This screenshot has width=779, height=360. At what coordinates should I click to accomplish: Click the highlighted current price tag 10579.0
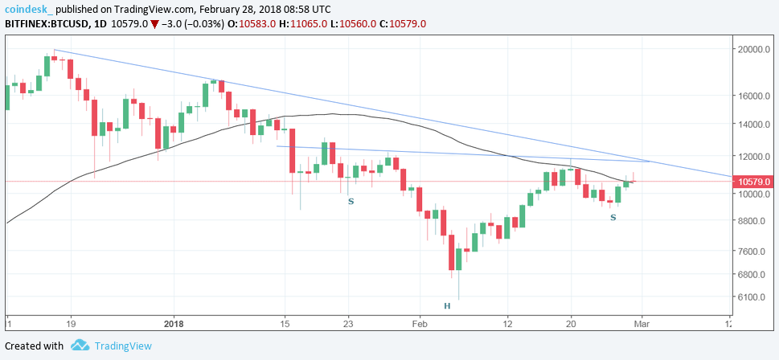click(754, 182)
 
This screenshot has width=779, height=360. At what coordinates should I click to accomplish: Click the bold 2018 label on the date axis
click(174, 325)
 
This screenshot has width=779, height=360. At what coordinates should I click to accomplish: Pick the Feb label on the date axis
click(419, 325)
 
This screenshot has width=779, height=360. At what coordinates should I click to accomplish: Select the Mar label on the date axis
click(642, 325)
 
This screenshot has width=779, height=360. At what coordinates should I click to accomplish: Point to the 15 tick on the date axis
click(285, 325)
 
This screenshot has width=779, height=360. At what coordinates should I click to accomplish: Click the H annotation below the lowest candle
click(447, 306)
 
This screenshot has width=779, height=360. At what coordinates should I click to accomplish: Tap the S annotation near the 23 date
click(351, 201)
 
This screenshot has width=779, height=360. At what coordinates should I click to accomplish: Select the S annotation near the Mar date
click(613, 218)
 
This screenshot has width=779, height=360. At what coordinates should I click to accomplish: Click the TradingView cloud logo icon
click(79, 346)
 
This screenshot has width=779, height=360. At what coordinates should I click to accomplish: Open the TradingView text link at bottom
click(123, 346)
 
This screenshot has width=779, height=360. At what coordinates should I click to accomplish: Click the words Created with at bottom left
click(34, 346)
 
